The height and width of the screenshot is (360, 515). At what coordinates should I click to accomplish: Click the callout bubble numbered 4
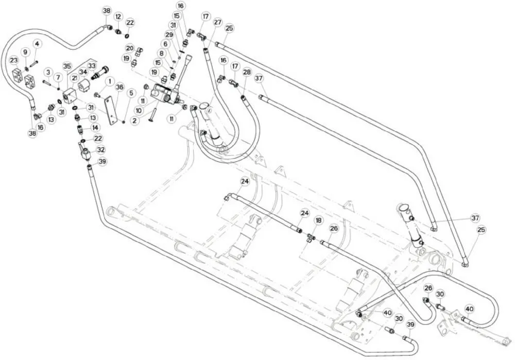click(x=37, y=44)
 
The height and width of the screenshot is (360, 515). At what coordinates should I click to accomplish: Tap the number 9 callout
click(x=25, y=52)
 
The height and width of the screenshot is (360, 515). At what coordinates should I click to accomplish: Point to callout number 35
click(x=67, y=66)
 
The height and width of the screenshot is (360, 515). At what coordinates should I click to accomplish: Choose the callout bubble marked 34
click(x=83, y=72)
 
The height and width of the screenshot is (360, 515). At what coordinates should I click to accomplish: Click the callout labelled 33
click(x=92, y=66)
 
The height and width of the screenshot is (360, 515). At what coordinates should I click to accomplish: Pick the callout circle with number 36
click(x=120, y=87)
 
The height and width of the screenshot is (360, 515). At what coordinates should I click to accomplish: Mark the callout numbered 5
click(x=131, y=93)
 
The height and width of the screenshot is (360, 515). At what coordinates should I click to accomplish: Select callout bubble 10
click(x=139, y=111)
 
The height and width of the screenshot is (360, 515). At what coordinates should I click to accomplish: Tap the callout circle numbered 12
click(x=118, y=17)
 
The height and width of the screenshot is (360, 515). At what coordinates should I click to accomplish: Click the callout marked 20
click(x=130, y=48)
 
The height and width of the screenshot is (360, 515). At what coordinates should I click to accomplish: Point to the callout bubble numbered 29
click(x=169, y=35)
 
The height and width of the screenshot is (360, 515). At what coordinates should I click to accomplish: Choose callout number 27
click(x=218, y=22)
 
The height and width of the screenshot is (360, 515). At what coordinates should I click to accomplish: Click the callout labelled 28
click(x=247, y=72)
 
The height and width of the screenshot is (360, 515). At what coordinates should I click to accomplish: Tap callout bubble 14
click(x=95, y=127)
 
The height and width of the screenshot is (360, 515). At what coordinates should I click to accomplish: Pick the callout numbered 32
click(x=101, y=150)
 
